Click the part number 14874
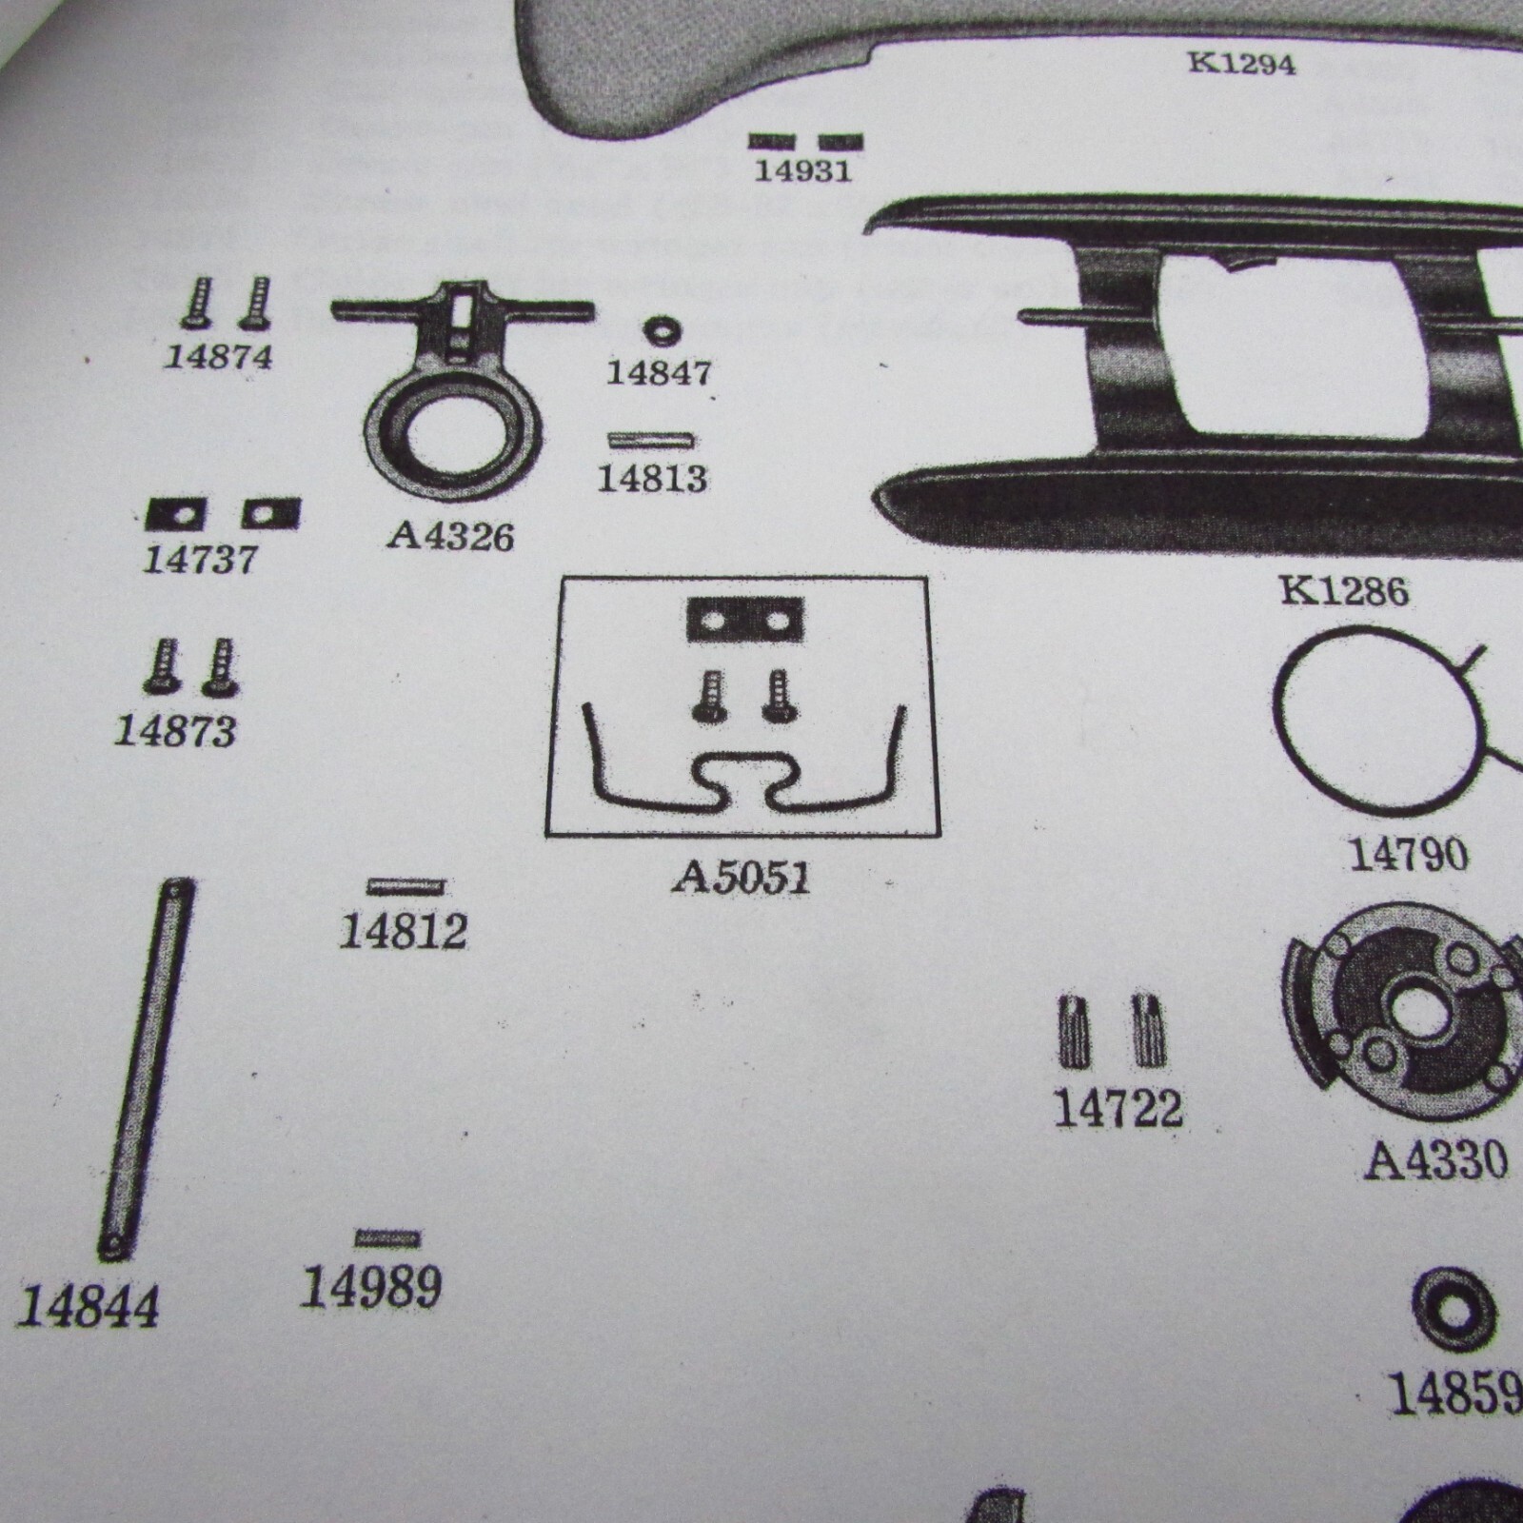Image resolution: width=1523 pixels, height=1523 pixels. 218,358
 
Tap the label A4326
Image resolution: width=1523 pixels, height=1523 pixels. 450,537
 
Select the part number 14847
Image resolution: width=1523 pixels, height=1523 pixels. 659,372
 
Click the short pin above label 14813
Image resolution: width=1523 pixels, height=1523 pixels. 651,441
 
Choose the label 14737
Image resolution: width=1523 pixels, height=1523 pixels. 200,559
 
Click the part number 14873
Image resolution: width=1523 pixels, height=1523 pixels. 175,731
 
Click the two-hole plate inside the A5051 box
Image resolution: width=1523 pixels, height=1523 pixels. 745,621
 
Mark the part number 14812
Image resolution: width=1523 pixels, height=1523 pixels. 404,932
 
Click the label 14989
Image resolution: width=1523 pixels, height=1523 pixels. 371,1288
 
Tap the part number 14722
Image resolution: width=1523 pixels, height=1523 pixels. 1118,1110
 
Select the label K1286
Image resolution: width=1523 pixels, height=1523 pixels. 1344,591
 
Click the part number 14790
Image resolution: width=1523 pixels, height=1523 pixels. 1409,855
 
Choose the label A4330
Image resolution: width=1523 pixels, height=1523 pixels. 1436,1161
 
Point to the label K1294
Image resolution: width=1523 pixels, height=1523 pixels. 1242,64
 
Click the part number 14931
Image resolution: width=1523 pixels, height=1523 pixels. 802,172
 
